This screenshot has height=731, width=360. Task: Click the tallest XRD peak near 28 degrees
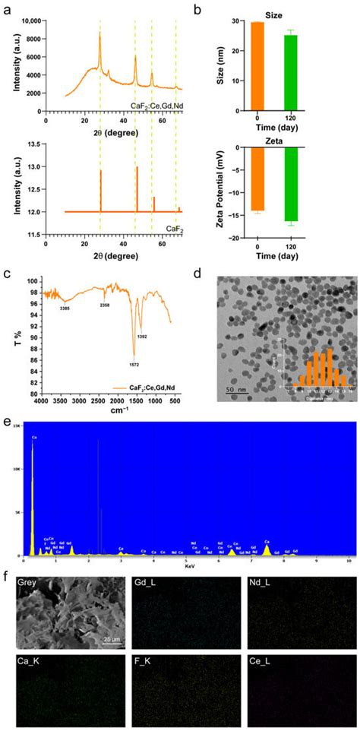pyautogui.click(x=99, y=34)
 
